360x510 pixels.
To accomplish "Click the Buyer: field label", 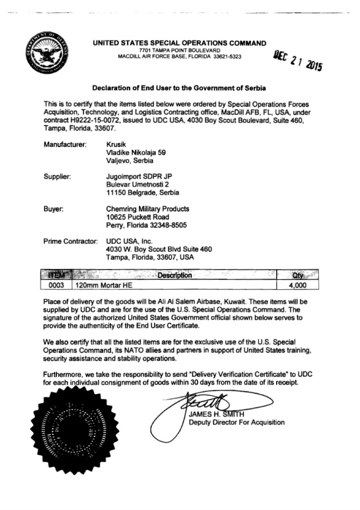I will pyautogui.click(x=53, y=208).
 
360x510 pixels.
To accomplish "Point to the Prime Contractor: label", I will pyautogui.click(x=70, y=241).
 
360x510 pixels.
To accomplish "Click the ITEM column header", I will pyautogui.click(x=57, y=275).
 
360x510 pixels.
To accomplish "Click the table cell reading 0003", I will pyautogui.click(x=57, y=285).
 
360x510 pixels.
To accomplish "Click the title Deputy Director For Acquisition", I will pyautogui.click(x=236, y=422).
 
